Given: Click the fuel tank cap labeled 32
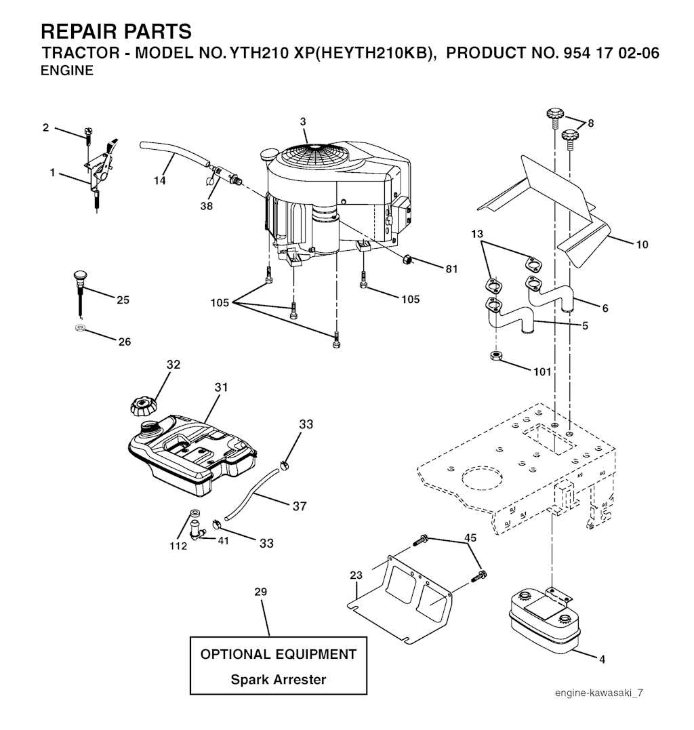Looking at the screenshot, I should click(x=142, y=407).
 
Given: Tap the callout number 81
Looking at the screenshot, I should click(x=451, y=269).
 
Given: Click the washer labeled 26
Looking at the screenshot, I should click(x=79, y=329).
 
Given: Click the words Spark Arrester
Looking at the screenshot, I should click(x=278, y=679).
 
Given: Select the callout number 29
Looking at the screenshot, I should click(x=261, y=592).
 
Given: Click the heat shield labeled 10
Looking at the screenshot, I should click(x=542, y=203).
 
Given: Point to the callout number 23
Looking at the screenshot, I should click(x=356, y=575).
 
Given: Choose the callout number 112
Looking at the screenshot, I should click(x=178, y=546).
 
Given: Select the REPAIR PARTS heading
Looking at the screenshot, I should click(x=116, y=31).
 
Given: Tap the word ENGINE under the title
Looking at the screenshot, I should click(x=67, y=70).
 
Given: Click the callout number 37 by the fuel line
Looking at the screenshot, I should click(x=299, y=506).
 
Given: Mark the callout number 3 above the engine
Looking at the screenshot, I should click(x=303, y=121).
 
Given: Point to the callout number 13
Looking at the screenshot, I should click(x=477, y=234).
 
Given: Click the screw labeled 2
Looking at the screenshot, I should click(x=88, y=136).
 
